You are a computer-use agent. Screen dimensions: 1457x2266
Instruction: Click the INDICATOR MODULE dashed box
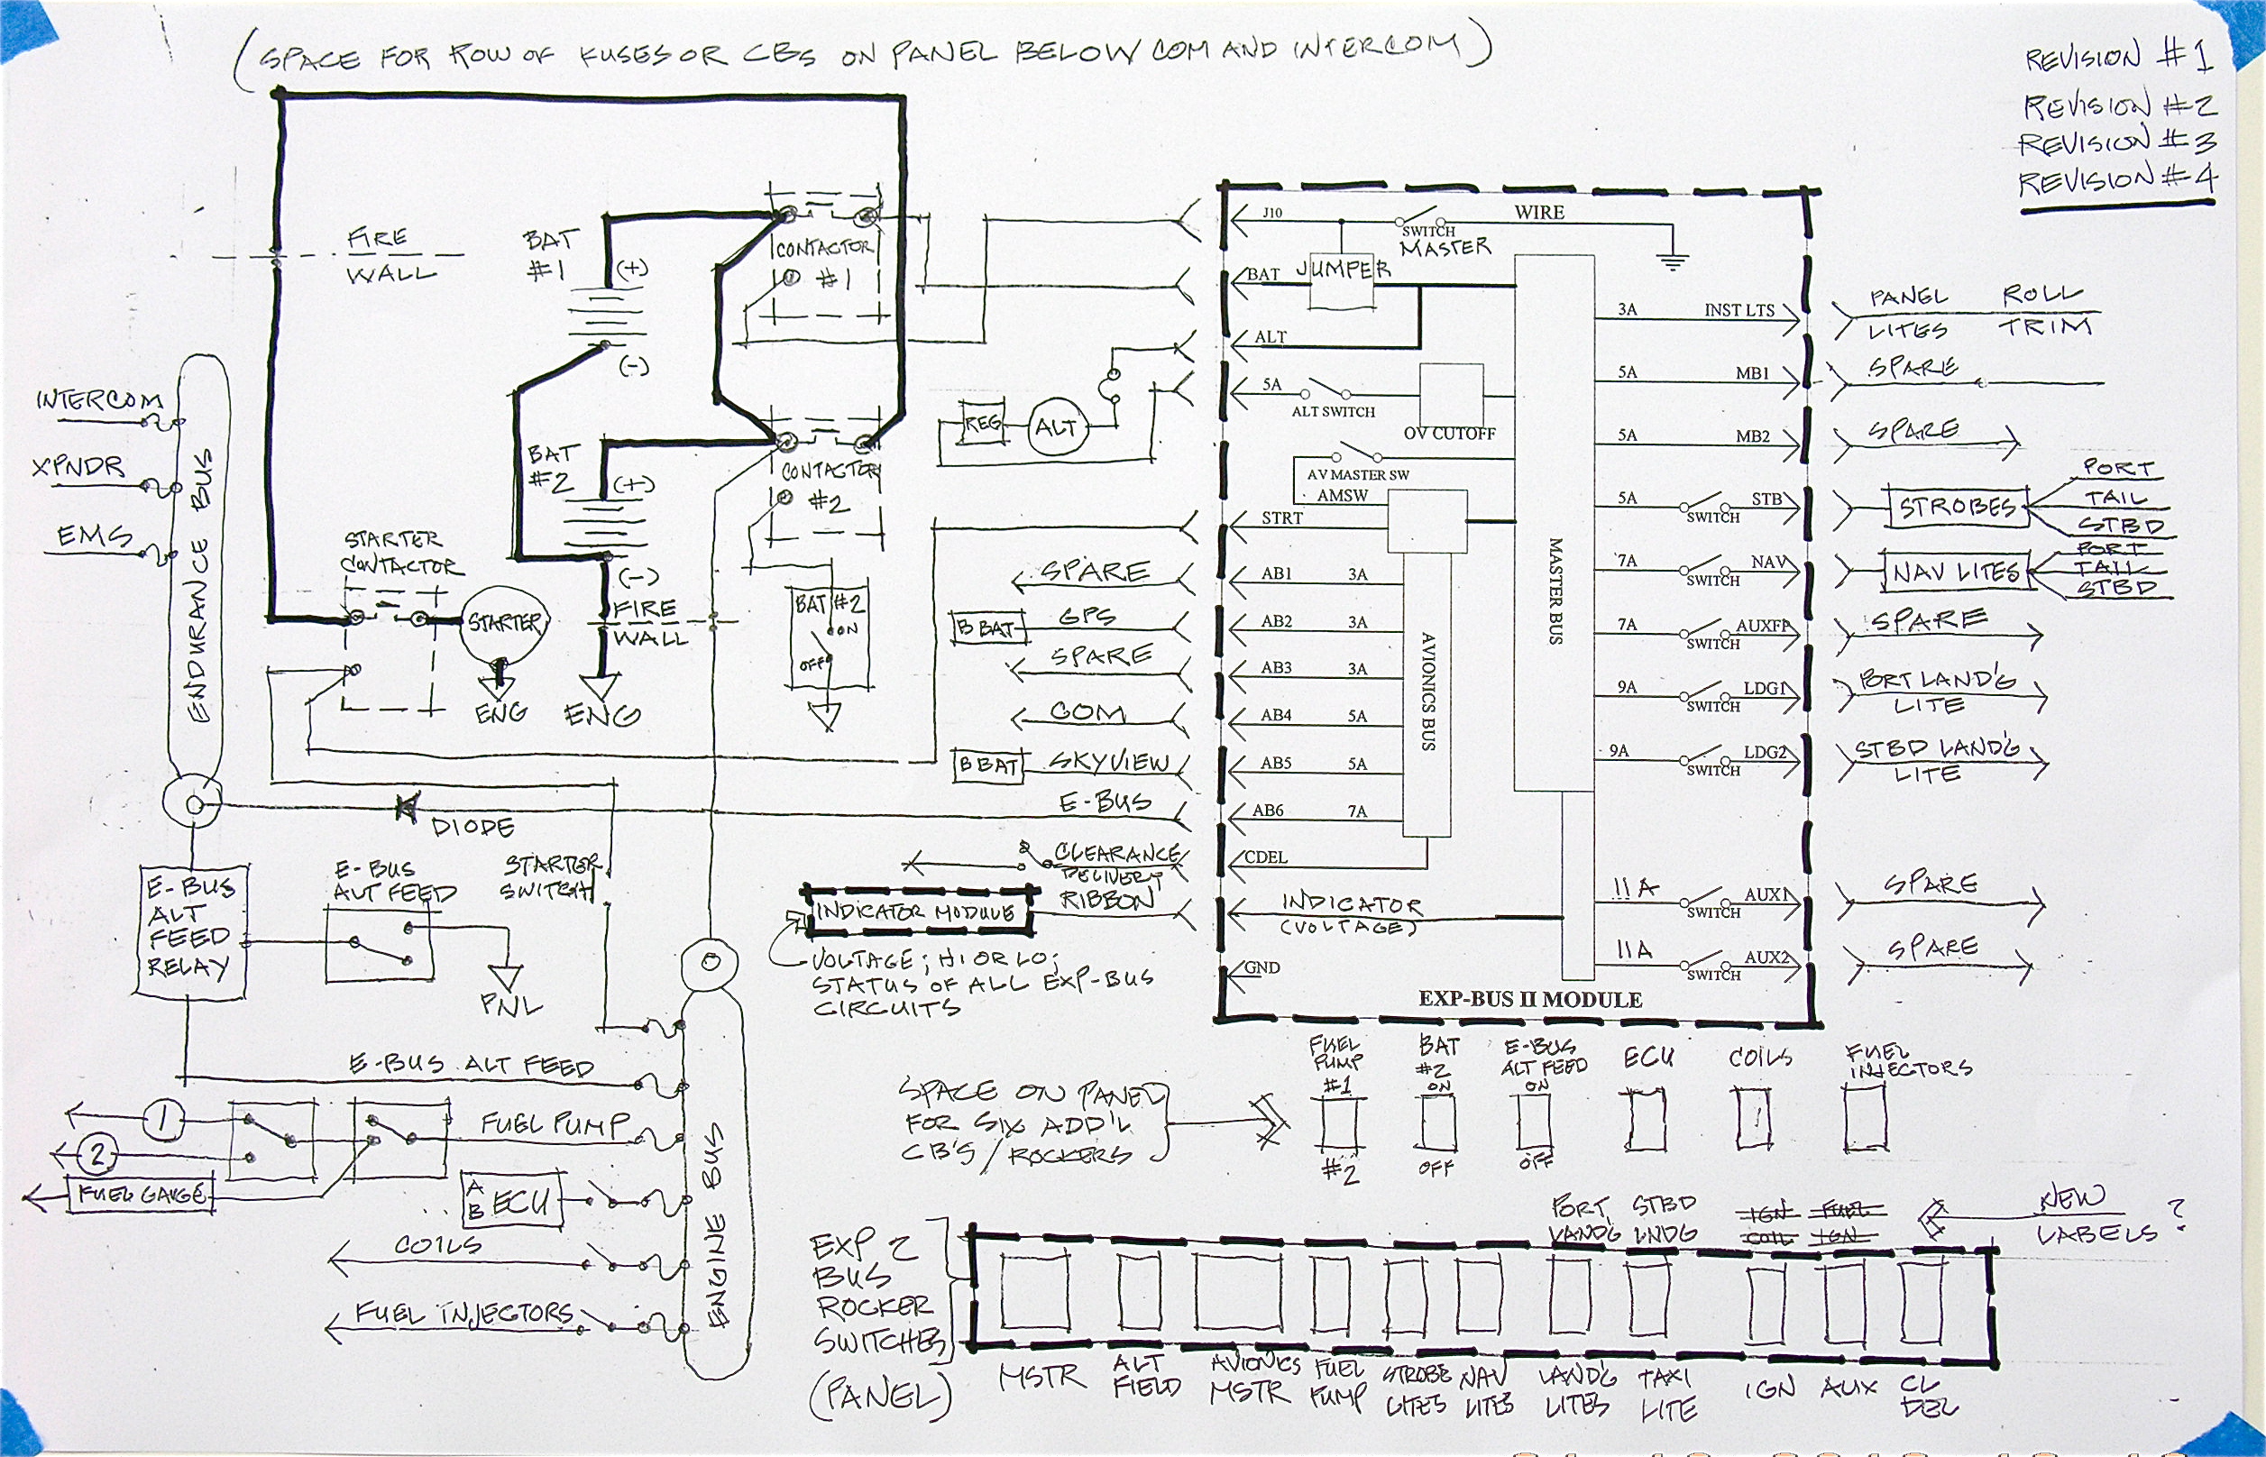click(916, 912)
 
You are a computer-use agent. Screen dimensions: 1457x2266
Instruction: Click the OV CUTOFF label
click(1448, 434)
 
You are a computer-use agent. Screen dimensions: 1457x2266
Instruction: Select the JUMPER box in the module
click(1343, 274)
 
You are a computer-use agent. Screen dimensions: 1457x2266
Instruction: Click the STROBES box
click(1956, 509)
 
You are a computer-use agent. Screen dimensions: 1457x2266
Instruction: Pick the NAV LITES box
click(1956, 573)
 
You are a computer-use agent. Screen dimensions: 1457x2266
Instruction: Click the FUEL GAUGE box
click(140, 1194)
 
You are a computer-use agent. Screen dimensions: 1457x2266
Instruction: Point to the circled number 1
click(162, 1120)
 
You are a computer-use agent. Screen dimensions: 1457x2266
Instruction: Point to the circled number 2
click(96, 1154)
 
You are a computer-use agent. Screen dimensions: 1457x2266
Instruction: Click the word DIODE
click(472, 827)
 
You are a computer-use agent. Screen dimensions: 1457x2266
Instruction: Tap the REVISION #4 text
click(2116, 179)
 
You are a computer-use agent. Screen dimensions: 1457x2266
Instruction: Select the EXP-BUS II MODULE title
click(1530, 999)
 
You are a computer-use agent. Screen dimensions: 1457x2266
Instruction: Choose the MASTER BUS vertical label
click(1555, 591)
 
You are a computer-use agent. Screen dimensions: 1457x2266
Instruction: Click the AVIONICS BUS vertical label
click(1427, 691)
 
